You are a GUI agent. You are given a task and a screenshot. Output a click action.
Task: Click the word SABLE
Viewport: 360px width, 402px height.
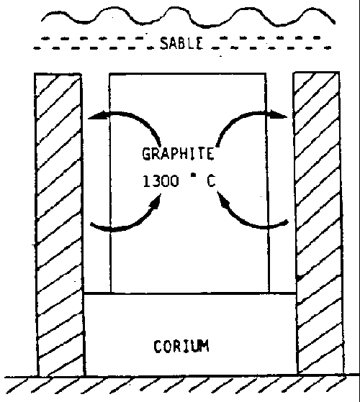(x=182, y=43)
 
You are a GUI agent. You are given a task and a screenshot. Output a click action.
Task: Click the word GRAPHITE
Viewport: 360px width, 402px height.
(x=178, y=153)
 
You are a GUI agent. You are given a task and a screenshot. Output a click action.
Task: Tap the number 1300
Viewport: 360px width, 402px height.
(x=161, y=181)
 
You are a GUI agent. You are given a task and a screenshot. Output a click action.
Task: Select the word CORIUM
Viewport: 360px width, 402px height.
(x=181, y=346)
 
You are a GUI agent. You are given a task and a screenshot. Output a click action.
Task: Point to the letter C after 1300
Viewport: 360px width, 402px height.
(x=211, y=181)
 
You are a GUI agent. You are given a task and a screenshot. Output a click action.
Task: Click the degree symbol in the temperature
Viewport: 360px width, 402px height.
(x=194, y=175)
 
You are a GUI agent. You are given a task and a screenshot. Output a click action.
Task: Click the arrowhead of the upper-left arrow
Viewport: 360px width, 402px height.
(x=98, y=116)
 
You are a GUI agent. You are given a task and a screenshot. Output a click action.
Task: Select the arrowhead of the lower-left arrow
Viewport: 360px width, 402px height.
(x=156, y=201)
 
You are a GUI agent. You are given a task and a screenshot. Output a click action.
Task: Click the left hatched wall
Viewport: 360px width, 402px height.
(x=59, y=224)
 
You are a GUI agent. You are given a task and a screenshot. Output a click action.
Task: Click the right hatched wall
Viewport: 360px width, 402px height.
(x=319, y=222)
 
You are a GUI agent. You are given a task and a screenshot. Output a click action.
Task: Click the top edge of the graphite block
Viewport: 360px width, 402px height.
(x=188, y=74)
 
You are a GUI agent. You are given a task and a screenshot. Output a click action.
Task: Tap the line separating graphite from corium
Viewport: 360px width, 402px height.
(x=190, y=293)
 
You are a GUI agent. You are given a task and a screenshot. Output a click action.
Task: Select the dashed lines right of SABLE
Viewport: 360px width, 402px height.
(x=271, y=42)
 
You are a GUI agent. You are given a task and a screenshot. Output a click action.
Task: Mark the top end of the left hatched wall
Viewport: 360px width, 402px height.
(x=58, y=74)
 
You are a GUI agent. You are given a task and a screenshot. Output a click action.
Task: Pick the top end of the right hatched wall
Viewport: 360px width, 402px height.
(x=316, y=73)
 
